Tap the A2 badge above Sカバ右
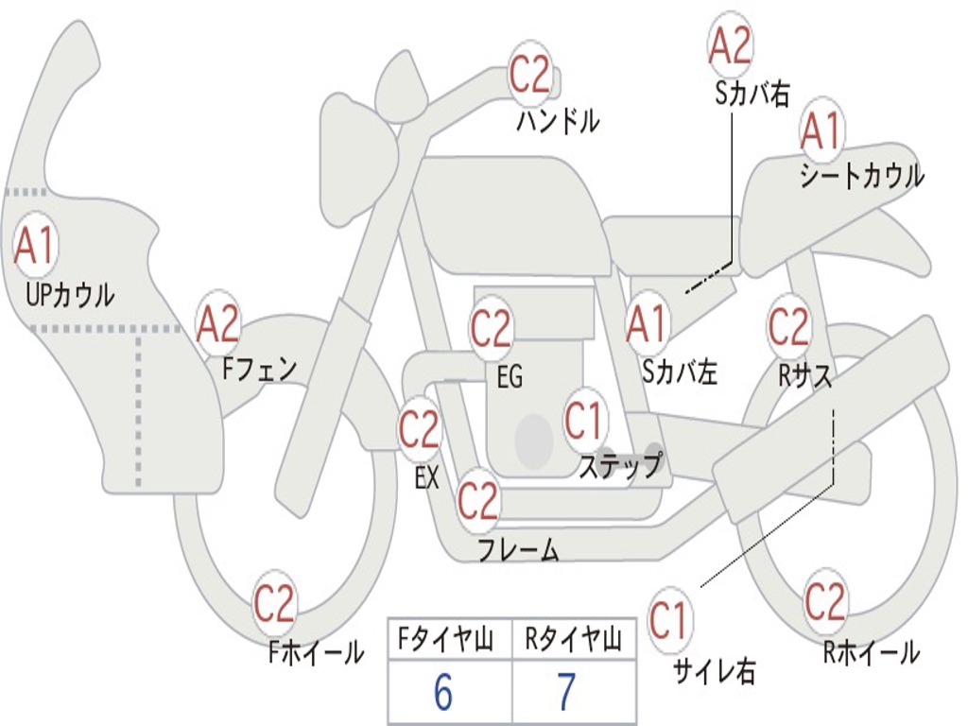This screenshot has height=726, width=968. coord(730,45)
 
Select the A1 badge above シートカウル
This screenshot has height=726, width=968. coord(821,130)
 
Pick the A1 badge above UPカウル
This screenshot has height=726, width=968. coord(36,245)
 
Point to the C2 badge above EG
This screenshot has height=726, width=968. coord(492,328)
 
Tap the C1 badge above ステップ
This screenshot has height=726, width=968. coord(583,421)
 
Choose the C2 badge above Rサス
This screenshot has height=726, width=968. coord(788,325)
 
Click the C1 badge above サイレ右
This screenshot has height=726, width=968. coord(668,620)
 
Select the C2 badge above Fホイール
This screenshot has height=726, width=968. coord(275,602)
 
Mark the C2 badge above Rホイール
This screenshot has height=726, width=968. coord(824,600)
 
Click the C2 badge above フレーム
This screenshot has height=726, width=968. coord(478,499)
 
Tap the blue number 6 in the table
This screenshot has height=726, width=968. coord(443,692)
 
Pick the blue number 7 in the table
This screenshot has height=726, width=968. coord(567,692)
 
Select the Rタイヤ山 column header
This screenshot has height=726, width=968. coord(574,639)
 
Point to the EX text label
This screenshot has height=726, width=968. coord(426,477)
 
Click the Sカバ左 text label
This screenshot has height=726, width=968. coord(679,372)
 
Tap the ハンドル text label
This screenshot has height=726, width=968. coord(558,121)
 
